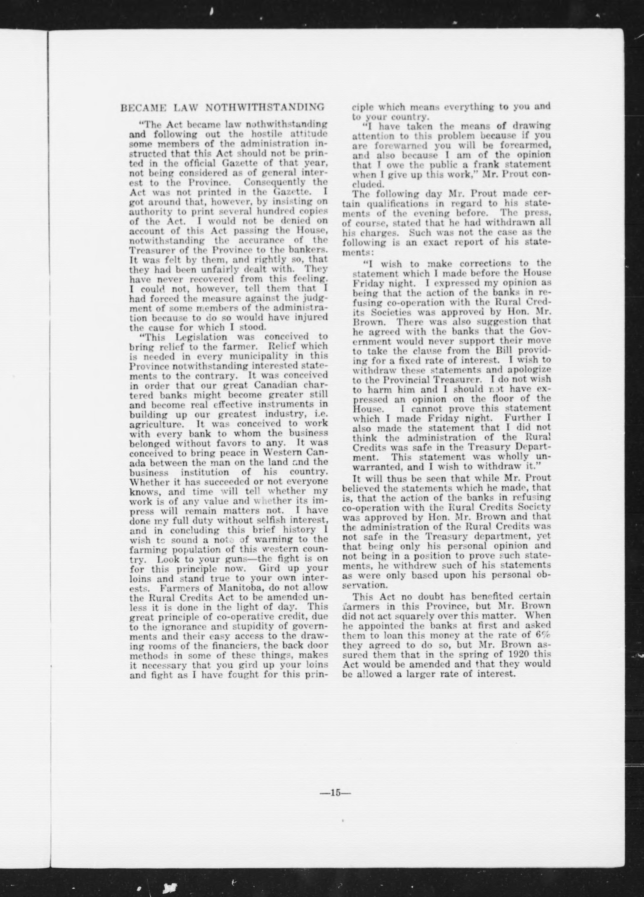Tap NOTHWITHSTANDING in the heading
pos(266,107)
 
